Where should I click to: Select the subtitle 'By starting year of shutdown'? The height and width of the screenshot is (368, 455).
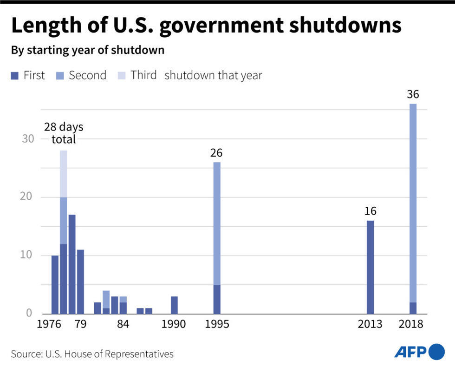(88, 50)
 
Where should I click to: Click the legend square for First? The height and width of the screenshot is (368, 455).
(14, 75)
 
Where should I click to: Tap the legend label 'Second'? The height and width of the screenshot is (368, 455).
(87, 75)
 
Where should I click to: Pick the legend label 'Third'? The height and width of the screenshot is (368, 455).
(143, 75)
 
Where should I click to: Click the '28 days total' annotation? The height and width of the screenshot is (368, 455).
(64, 133)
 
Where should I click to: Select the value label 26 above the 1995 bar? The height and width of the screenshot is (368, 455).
(216, 153)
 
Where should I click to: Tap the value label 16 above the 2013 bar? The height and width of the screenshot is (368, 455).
(370, 211)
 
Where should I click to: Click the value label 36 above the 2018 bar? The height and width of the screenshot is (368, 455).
(413, 95)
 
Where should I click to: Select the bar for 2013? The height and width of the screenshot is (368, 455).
(370, 267)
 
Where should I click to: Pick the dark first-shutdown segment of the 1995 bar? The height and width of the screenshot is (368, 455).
(217, 299)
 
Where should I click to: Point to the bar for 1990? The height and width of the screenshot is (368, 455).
(174, 305)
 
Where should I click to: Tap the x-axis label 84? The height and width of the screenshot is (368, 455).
(123, 324)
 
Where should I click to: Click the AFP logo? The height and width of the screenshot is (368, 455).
(419, 352)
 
